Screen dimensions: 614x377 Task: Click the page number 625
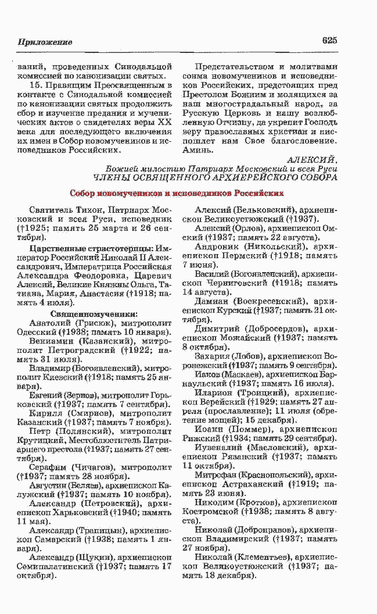[329, 41]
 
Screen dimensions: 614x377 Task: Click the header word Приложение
[45, 42]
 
